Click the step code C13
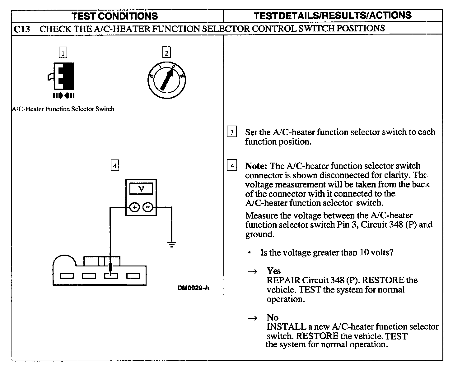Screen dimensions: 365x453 [22, 29]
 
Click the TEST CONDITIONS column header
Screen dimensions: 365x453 [115, 16]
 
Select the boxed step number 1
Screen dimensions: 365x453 [63, 53]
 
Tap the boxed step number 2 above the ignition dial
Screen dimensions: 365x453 [166, 53]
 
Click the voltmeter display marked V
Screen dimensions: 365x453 [141, 189]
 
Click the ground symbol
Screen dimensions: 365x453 [171, 244]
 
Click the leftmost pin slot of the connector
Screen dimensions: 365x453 [66, 275]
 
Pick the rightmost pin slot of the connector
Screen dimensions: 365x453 [133, 275]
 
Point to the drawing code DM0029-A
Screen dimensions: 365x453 [193, 288]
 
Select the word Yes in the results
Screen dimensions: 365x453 [273, 271]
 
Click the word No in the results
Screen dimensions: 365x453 [272, 317]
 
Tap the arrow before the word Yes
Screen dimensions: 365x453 [252, 272]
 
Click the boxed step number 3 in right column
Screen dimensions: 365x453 [232, 132]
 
